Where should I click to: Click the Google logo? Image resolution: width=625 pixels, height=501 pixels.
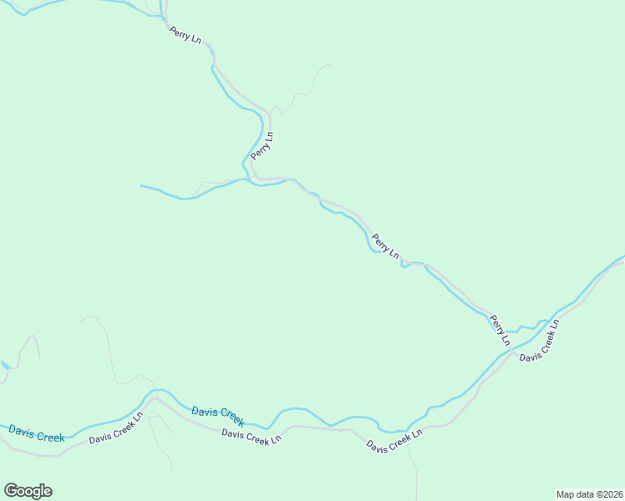pos(28,491)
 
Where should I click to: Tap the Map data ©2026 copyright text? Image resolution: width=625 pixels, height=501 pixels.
pos(588,494)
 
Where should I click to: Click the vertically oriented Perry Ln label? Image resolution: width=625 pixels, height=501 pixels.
pos(267,145)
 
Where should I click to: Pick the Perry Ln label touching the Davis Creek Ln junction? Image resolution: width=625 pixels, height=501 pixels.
pos(500,329)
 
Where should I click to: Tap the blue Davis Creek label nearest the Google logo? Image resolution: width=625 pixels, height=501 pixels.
pos(36,433)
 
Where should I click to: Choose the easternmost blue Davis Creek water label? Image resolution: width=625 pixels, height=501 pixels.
pos(217,414)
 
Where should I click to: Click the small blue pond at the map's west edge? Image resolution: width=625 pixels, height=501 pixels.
pos(5,365)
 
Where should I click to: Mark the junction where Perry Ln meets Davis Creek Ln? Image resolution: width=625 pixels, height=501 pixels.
pos(511,352)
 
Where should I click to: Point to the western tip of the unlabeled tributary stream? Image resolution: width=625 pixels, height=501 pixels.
pos(141,185)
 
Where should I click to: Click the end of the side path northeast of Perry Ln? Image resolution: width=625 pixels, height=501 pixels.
pos(332,63)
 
